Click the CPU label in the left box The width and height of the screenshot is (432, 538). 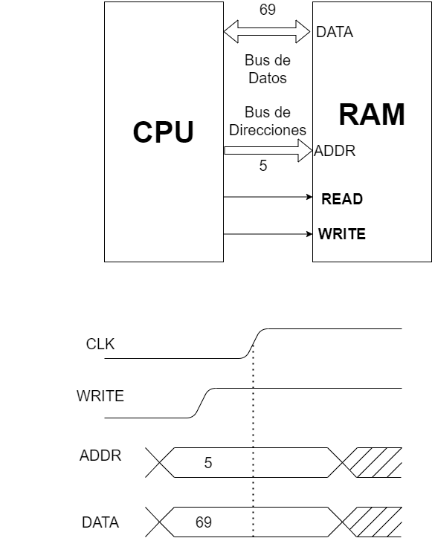click(x=163, y=132)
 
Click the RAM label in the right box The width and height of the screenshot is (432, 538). click(x=372, y=115)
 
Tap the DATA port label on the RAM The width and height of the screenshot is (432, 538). click(x=335, y=32)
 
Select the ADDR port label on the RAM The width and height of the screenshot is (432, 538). click(x=335, y=151)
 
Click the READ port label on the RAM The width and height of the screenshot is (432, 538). click(x=341, y=199)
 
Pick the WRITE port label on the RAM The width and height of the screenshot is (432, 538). click(x=341, y=234)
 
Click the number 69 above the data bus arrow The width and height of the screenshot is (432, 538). click(x=266, y=10)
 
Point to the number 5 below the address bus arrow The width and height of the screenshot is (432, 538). click(x=262, y=166)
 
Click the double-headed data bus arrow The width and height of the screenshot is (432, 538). click(x=267, y=32)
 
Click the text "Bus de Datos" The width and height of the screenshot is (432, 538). click(x=267, y=68)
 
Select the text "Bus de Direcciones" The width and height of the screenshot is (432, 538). click(x=267, y=122)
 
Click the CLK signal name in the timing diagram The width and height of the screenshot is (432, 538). click(x=100, y=344)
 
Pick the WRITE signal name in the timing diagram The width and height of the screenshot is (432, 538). click(x=100, y=397)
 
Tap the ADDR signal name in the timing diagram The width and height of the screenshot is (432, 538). click(x=100, y=456)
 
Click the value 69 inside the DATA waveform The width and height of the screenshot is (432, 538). click(x=204, y=522)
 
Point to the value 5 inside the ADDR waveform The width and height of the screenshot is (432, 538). click(x=208, y=463)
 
